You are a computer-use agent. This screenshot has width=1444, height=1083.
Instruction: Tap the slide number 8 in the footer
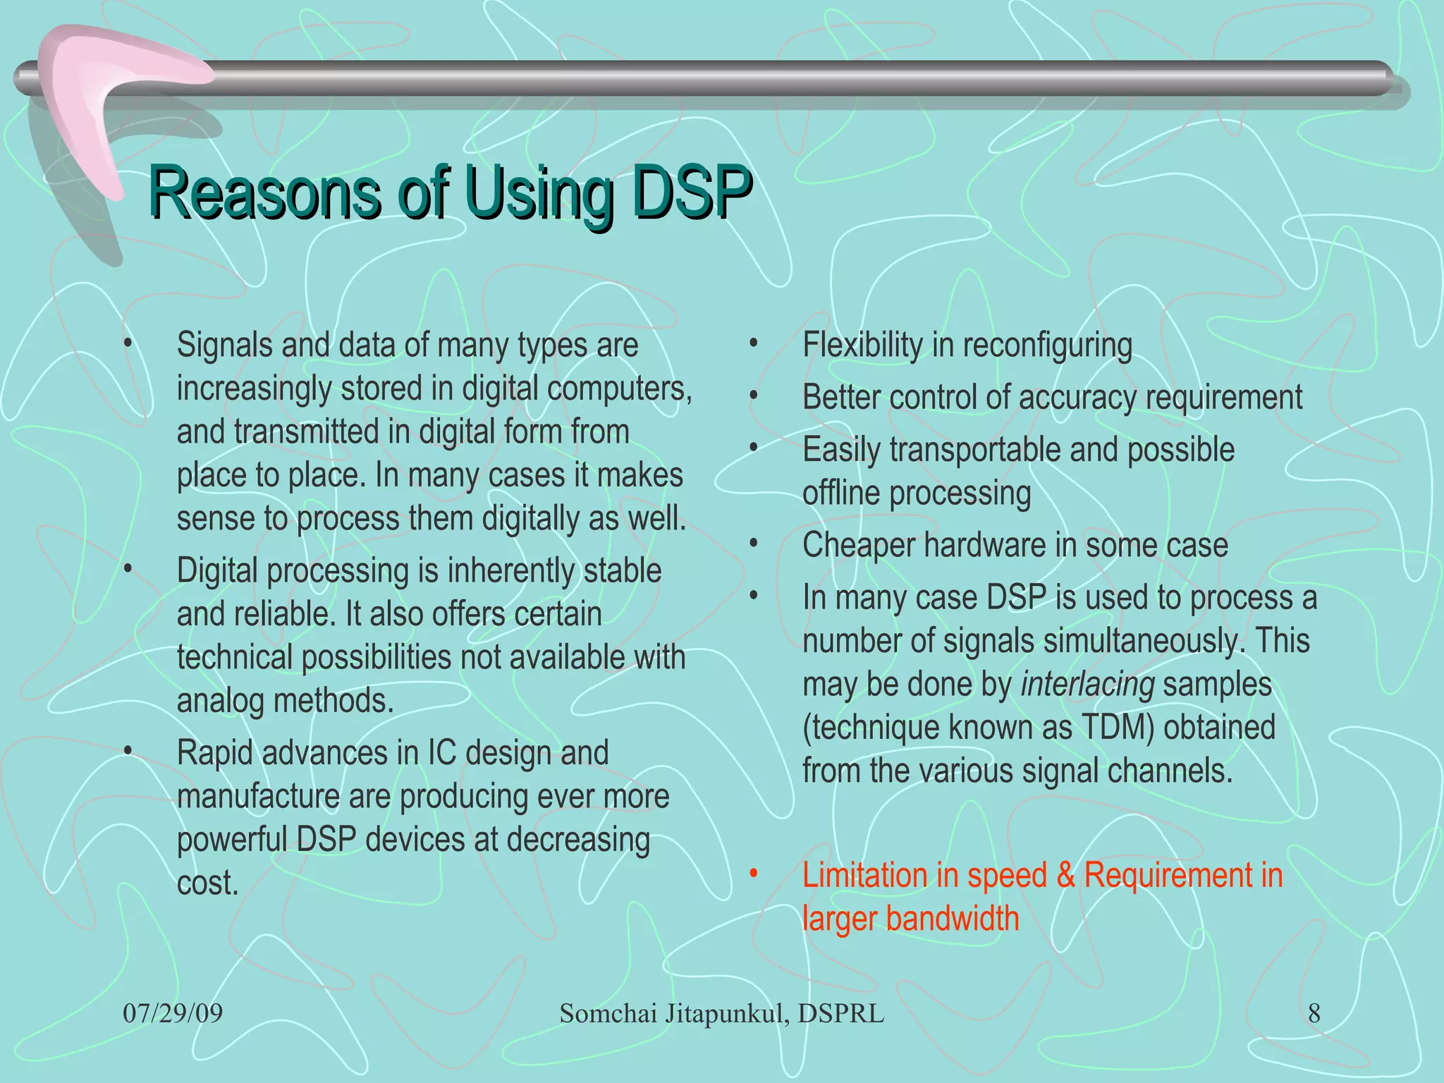click(x=1314, y=1014)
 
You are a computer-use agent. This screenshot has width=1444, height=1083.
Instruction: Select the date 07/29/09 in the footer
click(x=173, y=1014)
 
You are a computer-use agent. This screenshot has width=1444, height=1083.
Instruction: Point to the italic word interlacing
click(x=1087, y=685)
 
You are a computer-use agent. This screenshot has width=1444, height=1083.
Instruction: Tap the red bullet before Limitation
click(x=753, y=874)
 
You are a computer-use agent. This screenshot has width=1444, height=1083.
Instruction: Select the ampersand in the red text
click(x=1065, y=875)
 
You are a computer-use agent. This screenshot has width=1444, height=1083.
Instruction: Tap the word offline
click(x=840, y=493)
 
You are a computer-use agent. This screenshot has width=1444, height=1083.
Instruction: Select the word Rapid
click(x=214, y=753)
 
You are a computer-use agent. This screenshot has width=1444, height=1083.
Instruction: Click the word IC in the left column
click(x=441, y=753)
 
